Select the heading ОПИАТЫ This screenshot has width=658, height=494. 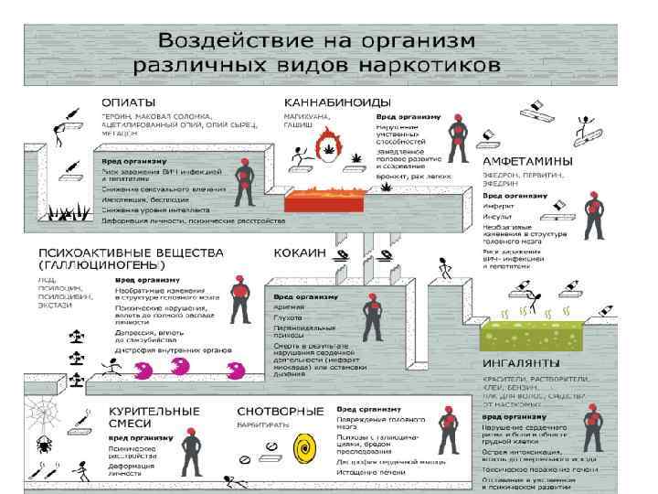coord(127,102)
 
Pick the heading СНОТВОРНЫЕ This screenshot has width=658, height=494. coord(280,411)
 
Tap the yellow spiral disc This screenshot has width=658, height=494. coord(302,449)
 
